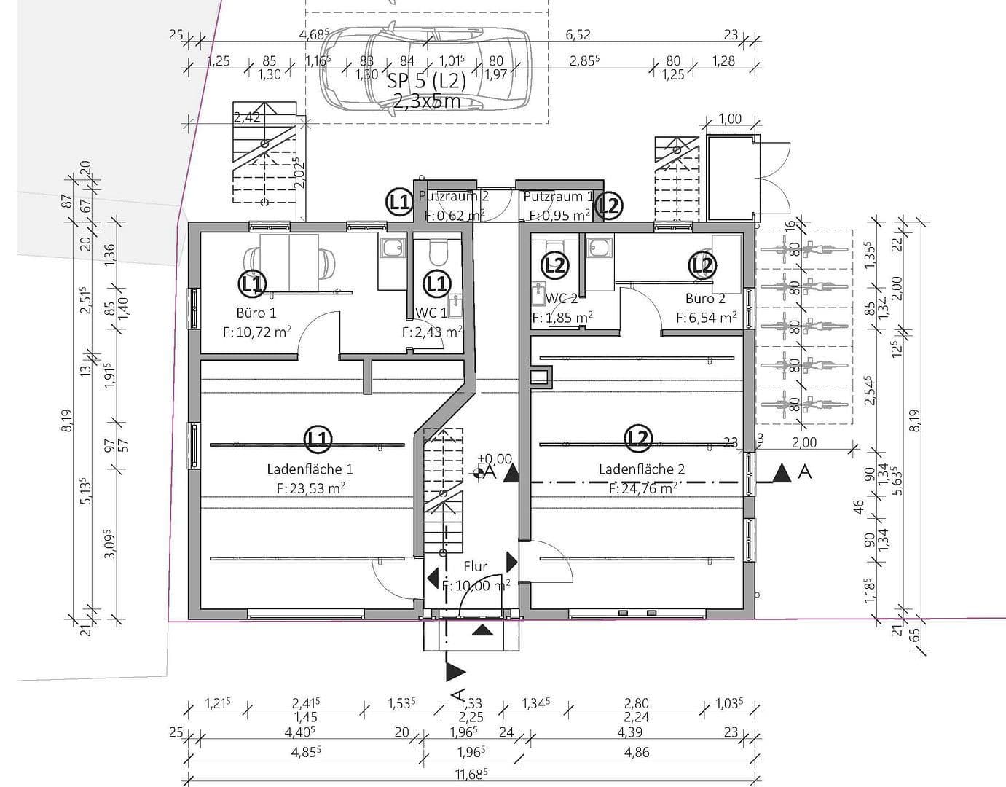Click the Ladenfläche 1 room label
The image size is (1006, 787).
tap(310, 469)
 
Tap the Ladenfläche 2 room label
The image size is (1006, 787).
tap(641, 469)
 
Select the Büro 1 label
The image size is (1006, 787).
tap(256, 313)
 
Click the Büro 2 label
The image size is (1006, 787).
tap(705, 299)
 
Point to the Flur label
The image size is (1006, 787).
tap(475, 566)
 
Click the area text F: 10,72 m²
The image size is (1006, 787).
tap(256, 332)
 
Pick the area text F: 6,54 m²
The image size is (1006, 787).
tap(705, 318)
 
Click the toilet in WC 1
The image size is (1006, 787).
tap(439, 251)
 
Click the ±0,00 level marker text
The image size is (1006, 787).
tap(495, 459)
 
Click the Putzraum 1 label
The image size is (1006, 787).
tap(553, 197)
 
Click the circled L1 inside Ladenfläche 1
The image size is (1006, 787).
tap(318, 439)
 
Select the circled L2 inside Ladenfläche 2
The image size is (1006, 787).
tap(638, 437)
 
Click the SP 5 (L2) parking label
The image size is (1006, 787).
tap(426, 81)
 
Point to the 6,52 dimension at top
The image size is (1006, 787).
tap(578, 34)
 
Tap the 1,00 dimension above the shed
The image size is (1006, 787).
tap(729, 119)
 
